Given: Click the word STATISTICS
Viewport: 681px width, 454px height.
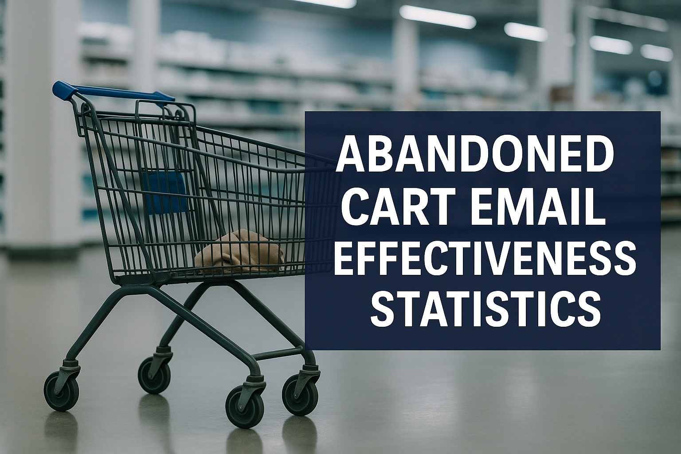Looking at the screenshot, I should click(x=486, y=308).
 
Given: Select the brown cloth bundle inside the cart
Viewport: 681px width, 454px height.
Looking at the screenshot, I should click(x=240, y=250).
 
